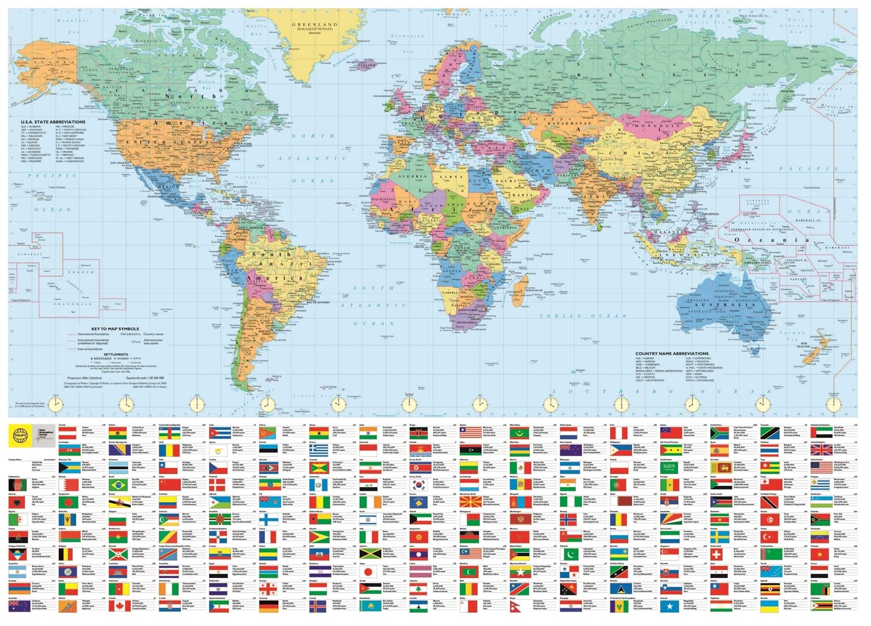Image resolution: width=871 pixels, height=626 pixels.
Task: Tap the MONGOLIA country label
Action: click(x=658, y=126)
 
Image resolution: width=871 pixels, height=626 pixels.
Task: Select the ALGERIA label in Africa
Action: click(x=413, y=176)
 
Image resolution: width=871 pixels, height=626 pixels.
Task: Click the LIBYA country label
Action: click(x=452, y=177)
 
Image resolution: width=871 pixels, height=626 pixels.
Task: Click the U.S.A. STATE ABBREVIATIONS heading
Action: click(x=53, y=122)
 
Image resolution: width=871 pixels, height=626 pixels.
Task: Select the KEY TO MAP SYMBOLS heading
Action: click(x=115, y=329)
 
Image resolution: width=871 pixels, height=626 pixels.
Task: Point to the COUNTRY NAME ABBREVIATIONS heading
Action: click(x=672, y=353)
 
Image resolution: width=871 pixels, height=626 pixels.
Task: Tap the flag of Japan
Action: click(x=369, y=571)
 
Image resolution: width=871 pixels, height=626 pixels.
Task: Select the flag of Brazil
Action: click(x=119, y=484)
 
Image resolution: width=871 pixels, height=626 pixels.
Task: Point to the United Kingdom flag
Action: click(x=821, y=449)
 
